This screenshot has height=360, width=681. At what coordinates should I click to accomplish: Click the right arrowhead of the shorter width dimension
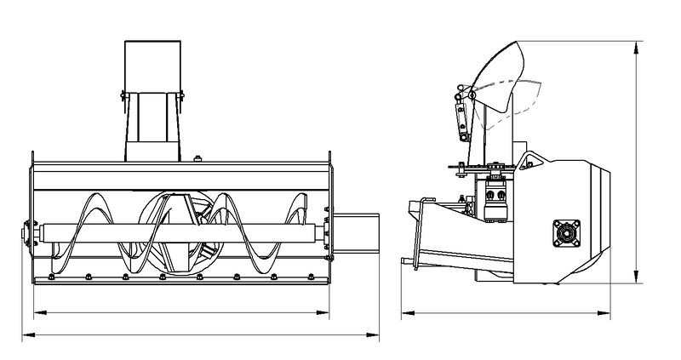pyautogui.click(x=331, y=312)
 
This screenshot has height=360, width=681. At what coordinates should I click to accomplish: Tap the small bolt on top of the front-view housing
pyautogui.click(x=197, y=157)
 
